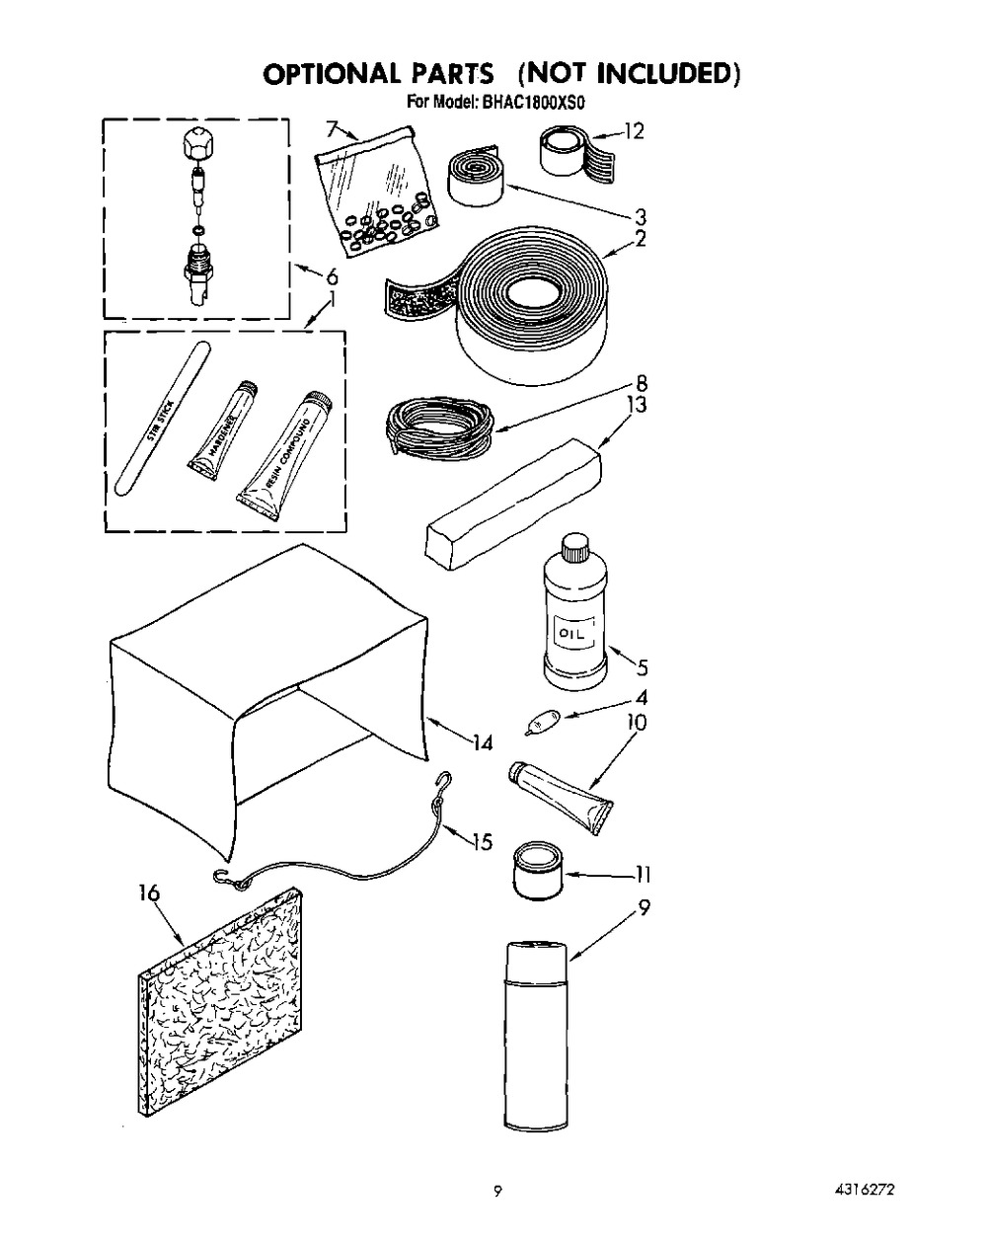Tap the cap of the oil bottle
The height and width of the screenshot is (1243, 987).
572,546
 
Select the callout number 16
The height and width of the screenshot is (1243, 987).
150,894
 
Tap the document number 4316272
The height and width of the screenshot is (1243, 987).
869,1192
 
